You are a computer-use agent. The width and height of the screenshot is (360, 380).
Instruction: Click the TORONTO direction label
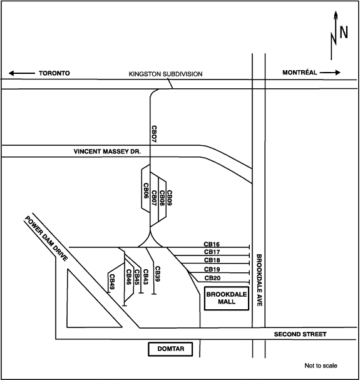(54, 73)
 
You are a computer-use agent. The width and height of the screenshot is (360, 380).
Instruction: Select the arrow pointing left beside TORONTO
(21, 73)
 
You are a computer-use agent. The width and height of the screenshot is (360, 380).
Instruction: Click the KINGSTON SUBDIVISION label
(165, 74)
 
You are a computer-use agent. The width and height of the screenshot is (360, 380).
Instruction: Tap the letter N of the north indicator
(343, 33)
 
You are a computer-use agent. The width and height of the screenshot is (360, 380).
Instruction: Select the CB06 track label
(146, 195)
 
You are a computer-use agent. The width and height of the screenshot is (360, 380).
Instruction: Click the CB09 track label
(169, 198)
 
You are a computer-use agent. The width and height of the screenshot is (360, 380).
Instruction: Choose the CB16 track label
(212, 244)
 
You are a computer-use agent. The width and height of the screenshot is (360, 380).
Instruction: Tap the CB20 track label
(212, 278)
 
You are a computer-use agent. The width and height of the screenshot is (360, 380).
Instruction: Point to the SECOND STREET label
(300, 335)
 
